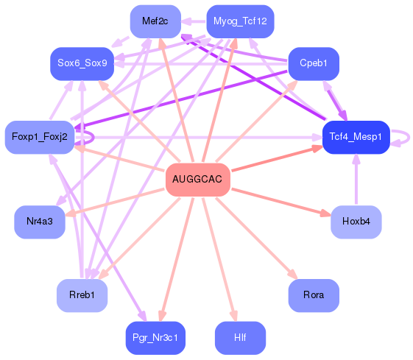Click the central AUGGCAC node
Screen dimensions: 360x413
point(198,180)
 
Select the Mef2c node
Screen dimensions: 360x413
point(155,21)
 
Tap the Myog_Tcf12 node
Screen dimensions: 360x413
point(240,21)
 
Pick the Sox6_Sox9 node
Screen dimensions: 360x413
point(82,63)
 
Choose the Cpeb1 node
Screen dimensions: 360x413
point(313,63)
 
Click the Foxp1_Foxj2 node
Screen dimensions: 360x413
point(40,137)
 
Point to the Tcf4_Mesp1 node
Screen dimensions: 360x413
point(356,137)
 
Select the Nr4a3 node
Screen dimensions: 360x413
point(40,222)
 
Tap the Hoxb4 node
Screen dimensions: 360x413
point(356,222)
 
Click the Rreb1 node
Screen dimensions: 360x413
point(82,295)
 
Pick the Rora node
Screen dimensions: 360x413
point(313,295)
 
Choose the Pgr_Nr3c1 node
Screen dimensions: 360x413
point(155,338)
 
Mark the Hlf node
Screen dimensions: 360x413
point(240,338)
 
